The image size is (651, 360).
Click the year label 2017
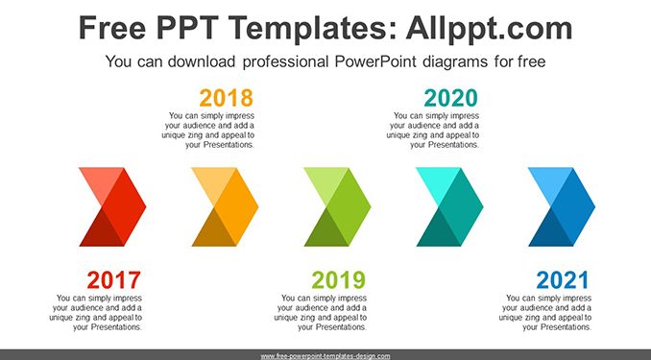[x=113, y=280]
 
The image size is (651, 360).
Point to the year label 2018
[x=227, y=99]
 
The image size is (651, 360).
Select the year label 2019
[x=339, y=280]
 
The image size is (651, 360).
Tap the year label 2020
[x=451, y=99]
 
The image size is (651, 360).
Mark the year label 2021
[x=563, y=280]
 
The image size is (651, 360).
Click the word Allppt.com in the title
[x=489, y=28]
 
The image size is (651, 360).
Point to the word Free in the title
[x=112, y=28]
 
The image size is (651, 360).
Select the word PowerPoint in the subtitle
[x=375, y=61]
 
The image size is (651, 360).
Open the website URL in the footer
[x=325, y=356]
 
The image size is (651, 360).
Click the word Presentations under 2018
[x=229, y=145]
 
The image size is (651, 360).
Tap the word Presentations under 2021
[x=566, y=327]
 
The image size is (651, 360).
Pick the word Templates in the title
[x=312, y=28]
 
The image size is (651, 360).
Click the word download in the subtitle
[x=202, y=61]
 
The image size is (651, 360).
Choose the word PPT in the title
[x=187, y=28]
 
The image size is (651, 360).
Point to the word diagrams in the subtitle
[x=455, y=62]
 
